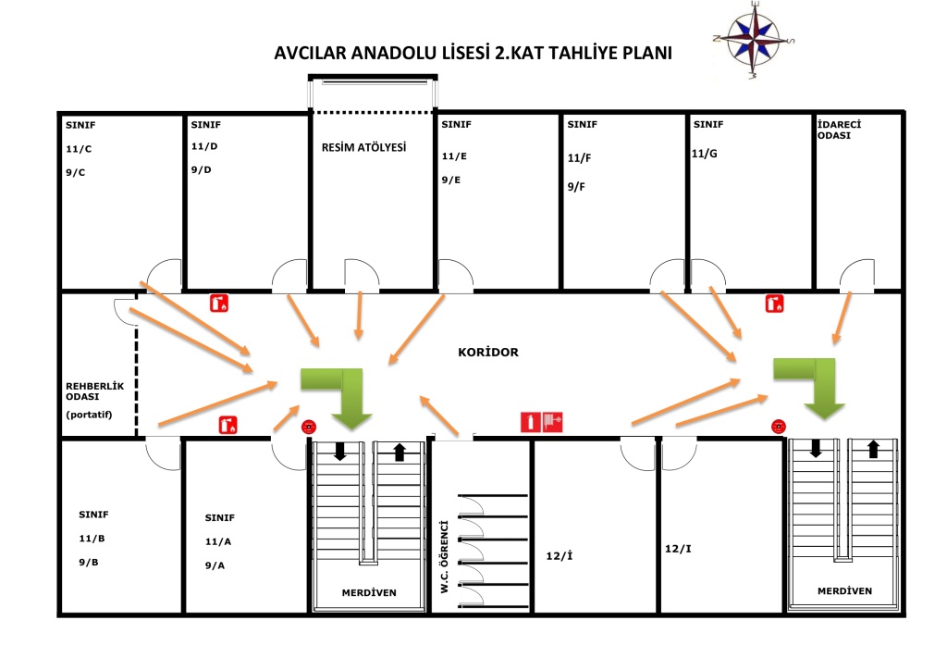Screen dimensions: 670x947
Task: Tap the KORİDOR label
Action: [488, 353]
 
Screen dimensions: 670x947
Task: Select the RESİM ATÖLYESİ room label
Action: [363, 147]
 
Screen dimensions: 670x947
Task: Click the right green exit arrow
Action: [813, 383]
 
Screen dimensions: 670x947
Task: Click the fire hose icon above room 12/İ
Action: [552, 422]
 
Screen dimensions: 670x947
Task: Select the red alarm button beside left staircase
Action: [309, 427]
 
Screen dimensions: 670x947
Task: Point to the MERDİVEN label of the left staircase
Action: [369, 592]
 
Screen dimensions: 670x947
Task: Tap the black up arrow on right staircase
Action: [872, 450]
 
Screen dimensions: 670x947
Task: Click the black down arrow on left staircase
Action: [339, 452]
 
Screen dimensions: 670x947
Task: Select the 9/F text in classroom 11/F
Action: [576, 187]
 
